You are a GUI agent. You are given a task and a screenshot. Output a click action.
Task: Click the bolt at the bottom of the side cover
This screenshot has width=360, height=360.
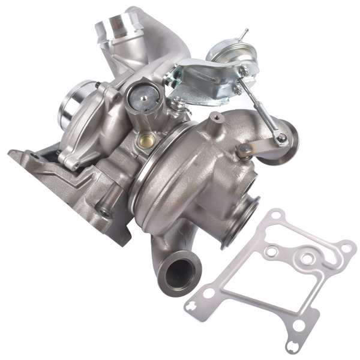click(x=74, y=163)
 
